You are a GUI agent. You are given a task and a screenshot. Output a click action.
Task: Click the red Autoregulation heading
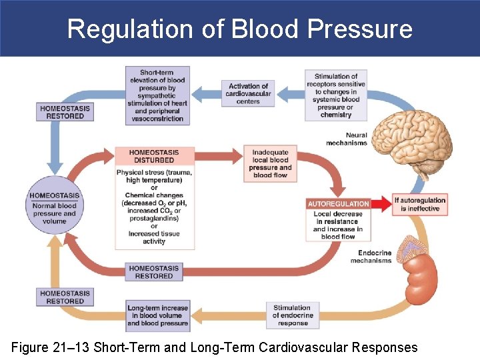pos(338,203)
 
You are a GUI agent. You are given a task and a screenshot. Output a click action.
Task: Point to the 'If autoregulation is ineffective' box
pos(420,204)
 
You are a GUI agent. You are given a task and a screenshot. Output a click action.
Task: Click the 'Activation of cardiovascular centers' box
pos(248,93)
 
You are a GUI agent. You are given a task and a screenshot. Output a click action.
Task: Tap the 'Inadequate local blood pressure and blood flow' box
pos(270,164)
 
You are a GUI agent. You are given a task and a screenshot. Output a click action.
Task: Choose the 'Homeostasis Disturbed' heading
pos(155,156)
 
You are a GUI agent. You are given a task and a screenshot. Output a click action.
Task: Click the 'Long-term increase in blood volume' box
pos(158,315)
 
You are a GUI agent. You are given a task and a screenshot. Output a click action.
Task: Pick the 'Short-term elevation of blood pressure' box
pos(157,95)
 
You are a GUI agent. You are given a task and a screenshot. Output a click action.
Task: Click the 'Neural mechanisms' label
pos(346,139)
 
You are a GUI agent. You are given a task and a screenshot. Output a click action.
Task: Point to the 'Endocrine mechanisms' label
pos(371,257)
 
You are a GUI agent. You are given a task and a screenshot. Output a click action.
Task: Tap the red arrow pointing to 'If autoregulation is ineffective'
pos(381,203)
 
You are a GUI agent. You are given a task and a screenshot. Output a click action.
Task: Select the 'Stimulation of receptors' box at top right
pos(335,95)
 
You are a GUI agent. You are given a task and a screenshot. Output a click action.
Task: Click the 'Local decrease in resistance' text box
pos(338,225)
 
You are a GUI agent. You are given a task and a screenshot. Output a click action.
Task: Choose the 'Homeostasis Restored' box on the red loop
pos(154,272)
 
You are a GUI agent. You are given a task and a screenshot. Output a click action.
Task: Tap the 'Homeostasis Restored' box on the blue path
pos(65,112)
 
